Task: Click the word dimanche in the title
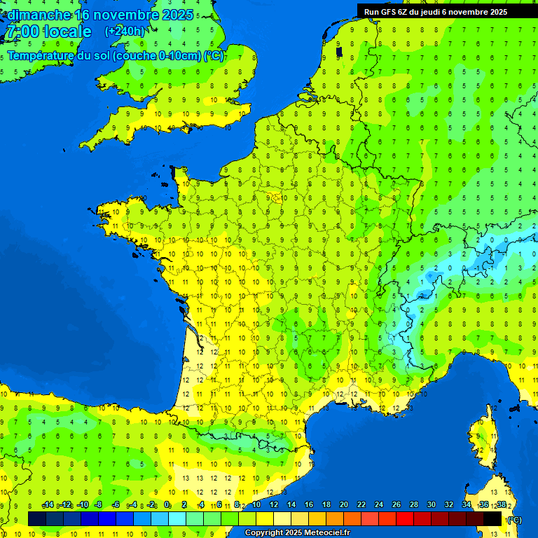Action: tap(39, 14)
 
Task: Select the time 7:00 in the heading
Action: tap(21, 32)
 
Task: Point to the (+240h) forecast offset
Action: tap(125, 31)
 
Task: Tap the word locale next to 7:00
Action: tap(67, 32)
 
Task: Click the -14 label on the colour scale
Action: tap(48, 505)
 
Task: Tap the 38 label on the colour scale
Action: tap(502, 505)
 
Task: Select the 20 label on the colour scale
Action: tap(343, 505)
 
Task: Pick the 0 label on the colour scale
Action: tap(167, 505)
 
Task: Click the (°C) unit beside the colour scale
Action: tap(514, 519)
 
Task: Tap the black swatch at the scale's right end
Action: tap(492, 518)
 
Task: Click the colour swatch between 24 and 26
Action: tap(387, 518)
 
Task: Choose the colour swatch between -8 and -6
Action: tap(107, 518)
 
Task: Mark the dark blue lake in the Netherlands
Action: tap(339, 51)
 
